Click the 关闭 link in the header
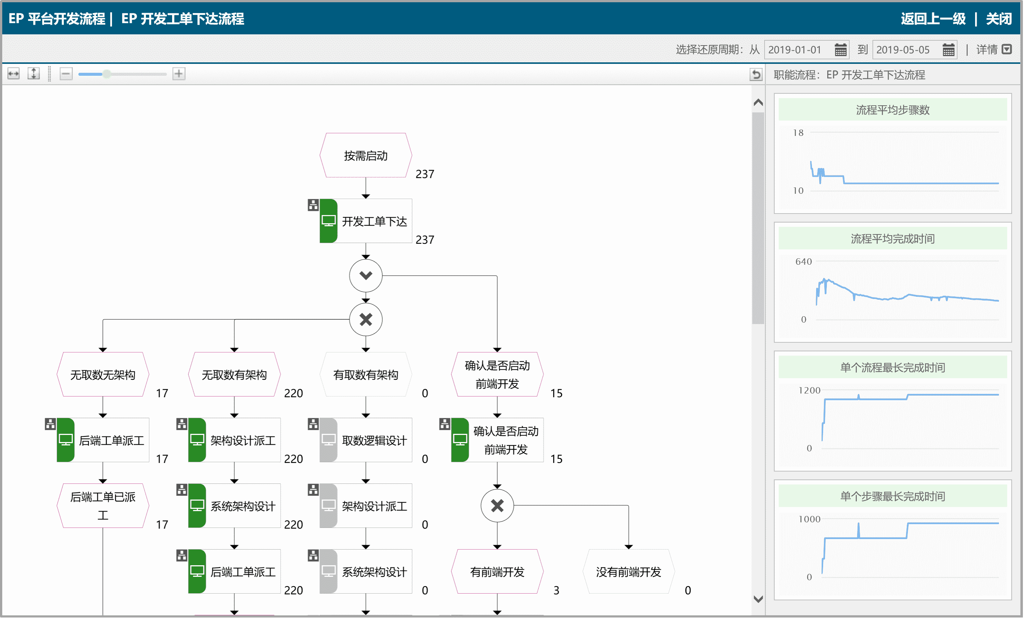tap(999, 19)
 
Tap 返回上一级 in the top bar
tap(933, 19)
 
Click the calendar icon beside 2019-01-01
tap(840, 50)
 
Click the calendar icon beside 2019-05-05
tap(948, 50)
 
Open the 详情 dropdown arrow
tap(1006, 50)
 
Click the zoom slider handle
tap(107, 74)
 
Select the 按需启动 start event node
tap(366, 155)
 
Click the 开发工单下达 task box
tap(366, 221)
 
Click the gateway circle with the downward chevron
tap(366, 275)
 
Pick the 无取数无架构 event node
tap(103, 374)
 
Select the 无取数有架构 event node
tap(234, 374)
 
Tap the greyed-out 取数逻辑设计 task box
tap(366, 440)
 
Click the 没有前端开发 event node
tap(628, 572)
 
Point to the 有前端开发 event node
tap(497, 572)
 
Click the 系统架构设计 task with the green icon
tap(234, 506)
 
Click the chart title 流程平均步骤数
tap(892, 110)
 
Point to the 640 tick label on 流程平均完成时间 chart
tap(803, 261)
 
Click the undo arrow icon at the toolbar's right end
tap(756, 74)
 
